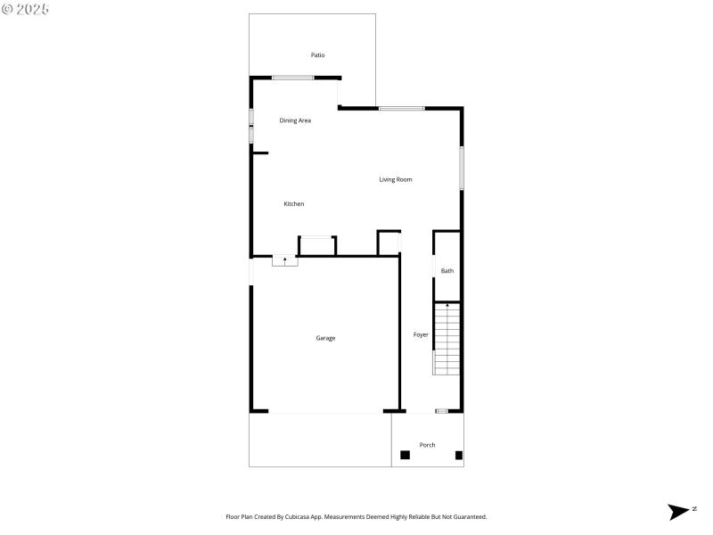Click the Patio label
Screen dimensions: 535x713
[317, 55]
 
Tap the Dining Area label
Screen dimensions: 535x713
[295, 120]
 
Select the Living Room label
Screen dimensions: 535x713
[396, 180]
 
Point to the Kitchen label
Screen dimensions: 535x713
[294, 204]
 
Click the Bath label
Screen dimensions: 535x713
[447, 271]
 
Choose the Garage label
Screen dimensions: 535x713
[325, 338]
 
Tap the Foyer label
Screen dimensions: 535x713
[421, 335]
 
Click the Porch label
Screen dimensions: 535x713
[428, 445]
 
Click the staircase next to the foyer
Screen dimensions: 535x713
[447, 340]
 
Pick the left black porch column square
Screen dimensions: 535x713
[405, 455]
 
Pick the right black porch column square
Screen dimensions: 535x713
[459, 455]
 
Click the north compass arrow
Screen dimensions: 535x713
[678, 512]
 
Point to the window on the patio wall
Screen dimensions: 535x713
[292, 78]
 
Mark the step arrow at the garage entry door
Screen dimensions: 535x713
[285, 260]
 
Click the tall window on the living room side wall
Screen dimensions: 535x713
[462, 168]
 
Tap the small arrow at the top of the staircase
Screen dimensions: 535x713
[447, 306]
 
